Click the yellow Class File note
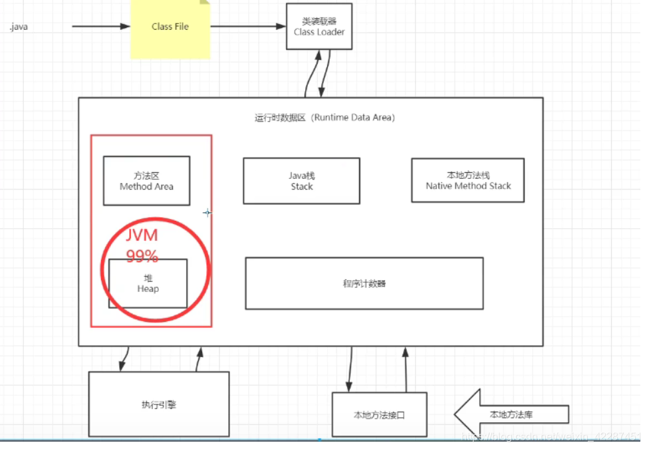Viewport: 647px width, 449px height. click(x=170, y=28)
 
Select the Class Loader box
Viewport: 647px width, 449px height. click(x=319, y=27)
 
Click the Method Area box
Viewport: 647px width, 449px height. click(x=146, y=181)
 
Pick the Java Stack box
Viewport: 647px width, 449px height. click(x=301, y=181)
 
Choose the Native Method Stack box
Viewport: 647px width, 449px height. click(x=468, y=180)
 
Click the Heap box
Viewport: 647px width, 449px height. click(x=148, y=283)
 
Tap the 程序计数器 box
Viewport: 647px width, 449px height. click(x=364, y=283)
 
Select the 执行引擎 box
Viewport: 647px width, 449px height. click(x=158, y=404)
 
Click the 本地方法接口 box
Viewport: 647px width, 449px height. click(x=379, y=415)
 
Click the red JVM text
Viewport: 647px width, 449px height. click(x=142, y=236)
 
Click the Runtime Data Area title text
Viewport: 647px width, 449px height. click(x=324, y=118)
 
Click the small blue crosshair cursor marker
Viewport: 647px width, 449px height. click(x=207, y=213)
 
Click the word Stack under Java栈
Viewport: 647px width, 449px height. click(x=301, y=187)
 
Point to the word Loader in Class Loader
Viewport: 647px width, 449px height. click(x=330, y=31)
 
